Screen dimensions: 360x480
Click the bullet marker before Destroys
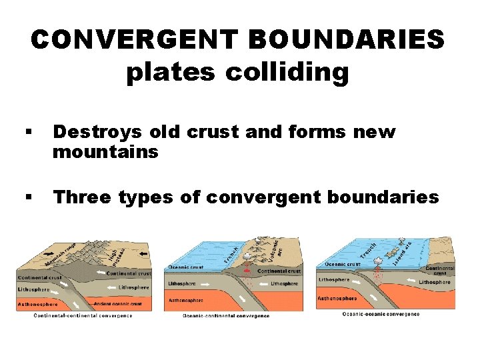click(29, 133)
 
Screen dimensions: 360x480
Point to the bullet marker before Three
click(29, 198)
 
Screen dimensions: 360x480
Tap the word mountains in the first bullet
click(105, 152)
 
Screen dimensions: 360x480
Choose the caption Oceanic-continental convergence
click(226, 315)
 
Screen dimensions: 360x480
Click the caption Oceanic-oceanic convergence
click(381, 313)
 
